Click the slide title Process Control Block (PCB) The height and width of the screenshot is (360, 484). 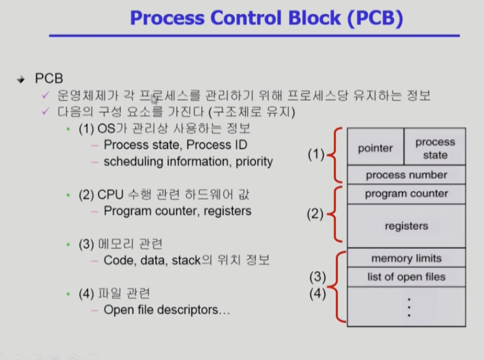click(x=266, y=18)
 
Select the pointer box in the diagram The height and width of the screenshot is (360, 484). click(x=375, y=148)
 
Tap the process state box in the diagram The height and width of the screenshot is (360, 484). click(x=435, y=148)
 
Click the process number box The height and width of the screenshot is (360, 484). click(x=406, y=175)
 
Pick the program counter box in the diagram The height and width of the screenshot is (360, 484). click(x=406, y=194)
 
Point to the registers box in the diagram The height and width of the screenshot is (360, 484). click(x=406, y=226)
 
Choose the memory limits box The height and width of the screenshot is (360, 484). click(x=406, y=258)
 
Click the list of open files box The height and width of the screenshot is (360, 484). click(x=406, y=277)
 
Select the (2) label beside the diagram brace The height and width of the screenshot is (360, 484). click(x=316, y=214)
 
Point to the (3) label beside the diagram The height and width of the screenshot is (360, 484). click(x=317, y=276)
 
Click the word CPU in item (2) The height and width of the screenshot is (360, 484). click(x=110, y=195)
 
